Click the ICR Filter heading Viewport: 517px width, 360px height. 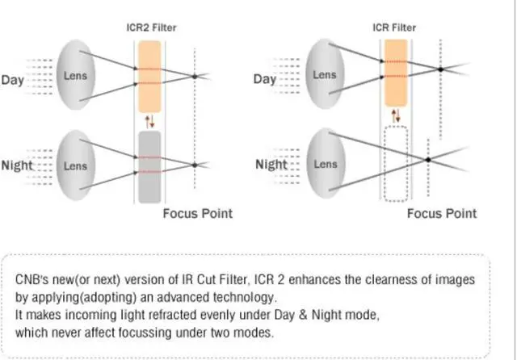pos(394,27)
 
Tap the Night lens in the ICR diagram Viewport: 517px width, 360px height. pos(325,165)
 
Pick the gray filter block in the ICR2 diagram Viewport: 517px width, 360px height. pos(151,166)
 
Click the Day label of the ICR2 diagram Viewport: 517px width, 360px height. pos(14,79)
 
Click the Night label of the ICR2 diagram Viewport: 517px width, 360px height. pos(17,165)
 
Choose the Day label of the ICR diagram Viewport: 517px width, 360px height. pos(265,79)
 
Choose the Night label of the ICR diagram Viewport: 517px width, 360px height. pos(271,165)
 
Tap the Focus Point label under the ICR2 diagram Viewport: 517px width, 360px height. pos(197,214)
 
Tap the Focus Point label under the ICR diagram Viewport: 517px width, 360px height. pos(441,214)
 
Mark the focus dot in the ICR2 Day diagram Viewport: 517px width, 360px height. pos(195,77)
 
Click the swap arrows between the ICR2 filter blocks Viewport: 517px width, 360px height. pos(149,122)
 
